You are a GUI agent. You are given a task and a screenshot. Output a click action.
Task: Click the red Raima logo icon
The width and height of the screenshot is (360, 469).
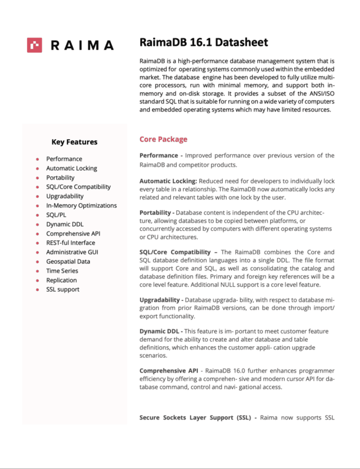[34, 45]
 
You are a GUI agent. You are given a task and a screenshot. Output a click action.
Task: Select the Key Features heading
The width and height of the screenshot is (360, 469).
[74, 142]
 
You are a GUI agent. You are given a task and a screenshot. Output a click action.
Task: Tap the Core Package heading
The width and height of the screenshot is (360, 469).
[163, 139]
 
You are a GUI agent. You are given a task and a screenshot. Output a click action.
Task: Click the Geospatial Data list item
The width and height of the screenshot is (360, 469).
[68, 261]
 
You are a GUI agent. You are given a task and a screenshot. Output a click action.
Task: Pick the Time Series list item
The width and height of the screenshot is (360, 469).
[62, 271]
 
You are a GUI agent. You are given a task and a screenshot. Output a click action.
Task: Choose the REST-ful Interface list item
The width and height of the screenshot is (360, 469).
[71, 243]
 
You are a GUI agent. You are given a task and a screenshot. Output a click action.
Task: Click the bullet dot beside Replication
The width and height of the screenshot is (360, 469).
[38, 280]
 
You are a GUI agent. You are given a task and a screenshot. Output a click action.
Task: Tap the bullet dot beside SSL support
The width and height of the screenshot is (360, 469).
[38, 290]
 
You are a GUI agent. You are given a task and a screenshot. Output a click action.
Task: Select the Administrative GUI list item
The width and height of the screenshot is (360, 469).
[72, 252]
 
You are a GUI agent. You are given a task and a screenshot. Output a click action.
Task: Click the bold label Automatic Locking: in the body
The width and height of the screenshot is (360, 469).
[168, 181]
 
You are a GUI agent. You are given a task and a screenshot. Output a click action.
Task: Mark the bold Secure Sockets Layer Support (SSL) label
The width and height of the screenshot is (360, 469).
[199, 418]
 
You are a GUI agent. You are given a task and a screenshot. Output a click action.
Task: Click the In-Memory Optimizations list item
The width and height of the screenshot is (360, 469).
[81, 206]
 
